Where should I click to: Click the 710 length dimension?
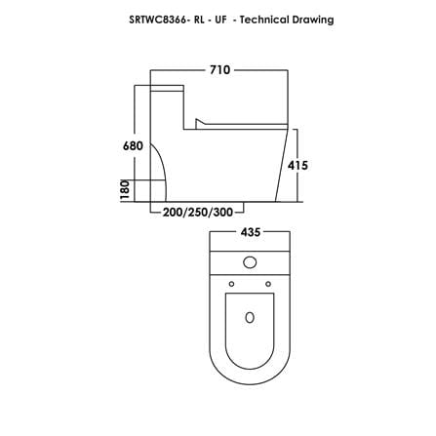click(x=219, y=70)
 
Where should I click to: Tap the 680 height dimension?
click(x=133, y=145)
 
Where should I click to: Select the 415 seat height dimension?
click(x=297, y=166)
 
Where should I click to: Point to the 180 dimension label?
click(x=125, y=190)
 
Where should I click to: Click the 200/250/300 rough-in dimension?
click(x=198, y=213)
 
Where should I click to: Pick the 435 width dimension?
click(x=251, y=232)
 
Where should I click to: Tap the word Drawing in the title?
click(x=313, y=20)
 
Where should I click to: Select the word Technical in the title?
click(x=264, y=20)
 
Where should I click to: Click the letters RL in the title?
click(x=199, y=20)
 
